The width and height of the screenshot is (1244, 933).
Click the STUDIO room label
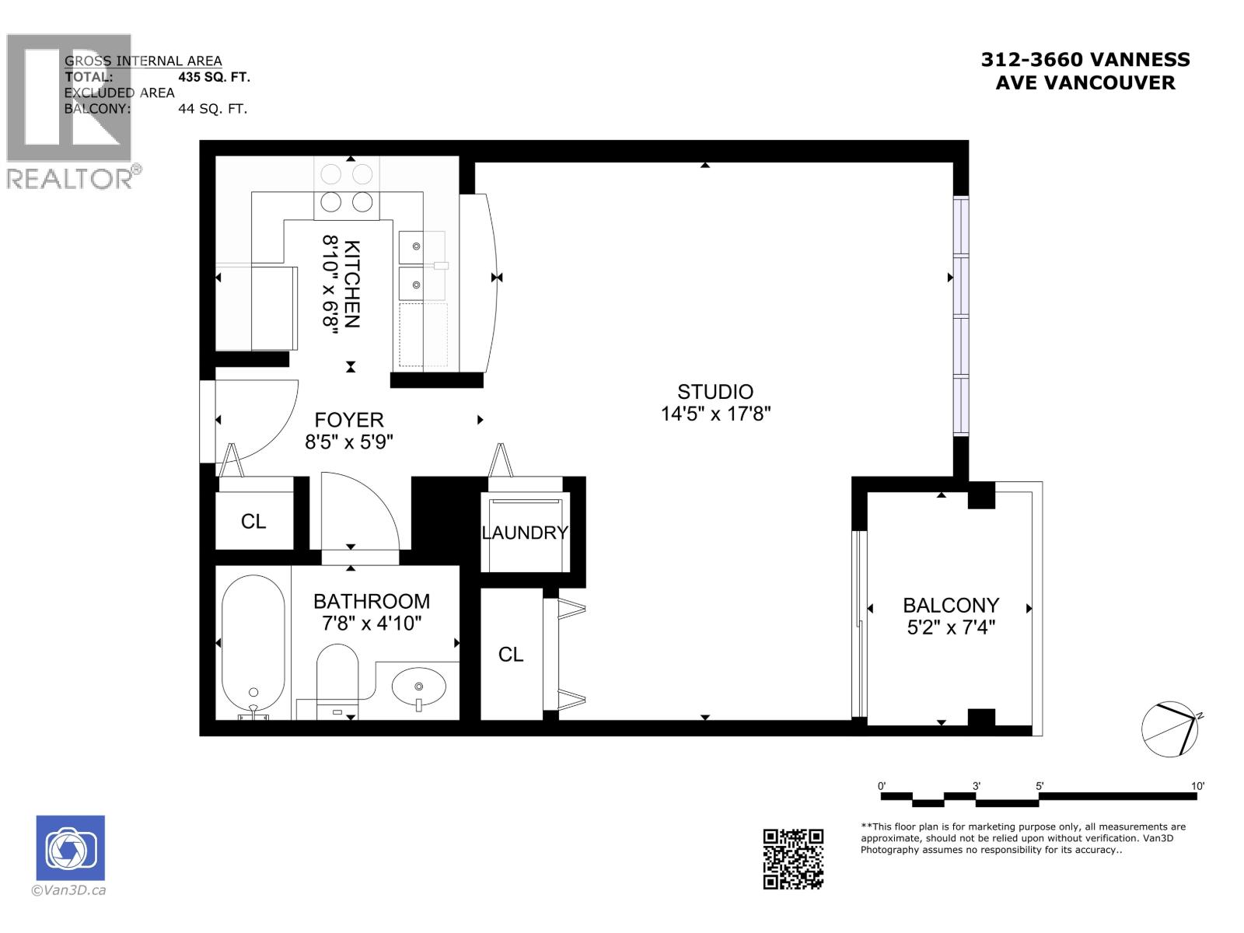715,392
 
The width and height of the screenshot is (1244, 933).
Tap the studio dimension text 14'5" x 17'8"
715,414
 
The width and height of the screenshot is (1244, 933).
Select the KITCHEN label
352,285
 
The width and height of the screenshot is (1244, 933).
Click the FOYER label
349,421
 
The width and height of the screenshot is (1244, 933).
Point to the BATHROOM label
371,601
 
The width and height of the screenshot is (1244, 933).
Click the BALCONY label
950,605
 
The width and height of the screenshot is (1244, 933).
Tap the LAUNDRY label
525,533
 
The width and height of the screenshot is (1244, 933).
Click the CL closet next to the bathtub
253,522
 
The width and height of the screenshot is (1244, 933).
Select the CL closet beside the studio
511,655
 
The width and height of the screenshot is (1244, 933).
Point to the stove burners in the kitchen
347,187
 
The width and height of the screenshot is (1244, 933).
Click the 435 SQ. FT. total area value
214,77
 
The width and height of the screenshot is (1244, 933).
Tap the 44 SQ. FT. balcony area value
212,109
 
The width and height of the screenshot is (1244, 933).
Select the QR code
792,858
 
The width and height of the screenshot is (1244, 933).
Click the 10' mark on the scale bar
1198,786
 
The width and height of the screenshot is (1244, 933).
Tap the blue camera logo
70,848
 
